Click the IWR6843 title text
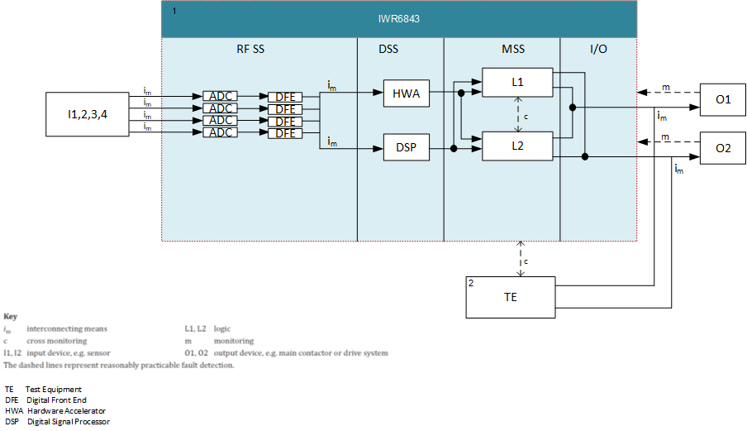pyautogui.click(x=399, y=17)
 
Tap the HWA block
pyautogui.click(x=407, y=94)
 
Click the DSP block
pyautogui.click(x=407, y=149)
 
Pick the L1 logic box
pyautogui.click(x=518, y=82)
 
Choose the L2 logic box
pyautogui.click(x=518, y=146)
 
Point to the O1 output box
pyautogui.click(x=723, y=99)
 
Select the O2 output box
pyautogui.click(x=723, y=148)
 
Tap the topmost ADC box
pyautogui.click(x=221, y=97)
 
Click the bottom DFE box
pyautogui.click(x=285, y=133)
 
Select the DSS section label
pyautogui.click(x=388, y=50)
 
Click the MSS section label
pyautogui.click(x=513, y=50)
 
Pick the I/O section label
pyautogui.click(x=598, y=50)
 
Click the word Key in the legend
pyautogui.click(x=10, y=317)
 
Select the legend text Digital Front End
pyautogui.click(x=58, y=400)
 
